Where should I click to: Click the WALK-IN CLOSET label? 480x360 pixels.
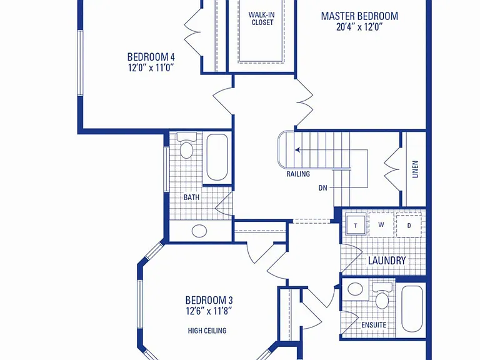[261, 18]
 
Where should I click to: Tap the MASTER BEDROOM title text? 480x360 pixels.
[359, 16]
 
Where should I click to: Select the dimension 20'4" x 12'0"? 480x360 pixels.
[359, 27]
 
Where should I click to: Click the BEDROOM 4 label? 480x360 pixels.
[151, 57]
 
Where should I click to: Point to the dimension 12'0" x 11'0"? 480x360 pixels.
[151, 67]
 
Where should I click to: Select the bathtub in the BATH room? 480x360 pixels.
[217, 157]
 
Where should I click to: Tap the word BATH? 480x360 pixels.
[191, 197]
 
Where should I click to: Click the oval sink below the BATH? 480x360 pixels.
[199, 231]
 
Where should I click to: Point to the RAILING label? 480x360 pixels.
[298, 174]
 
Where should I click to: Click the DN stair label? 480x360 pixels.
[323, 188]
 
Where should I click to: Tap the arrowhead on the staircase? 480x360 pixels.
[298, 150]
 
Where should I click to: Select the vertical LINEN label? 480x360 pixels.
[415, 169]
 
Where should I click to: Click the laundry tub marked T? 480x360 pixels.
[356, 225]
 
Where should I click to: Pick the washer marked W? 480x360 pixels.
[381, 225]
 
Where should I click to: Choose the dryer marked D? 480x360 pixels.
[409, 226]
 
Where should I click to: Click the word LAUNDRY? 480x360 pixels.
[387, 261]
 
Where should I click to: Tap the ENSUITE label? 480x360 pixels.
[374, 325]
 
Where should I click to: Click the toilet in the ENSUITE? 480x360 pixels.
[382, 296]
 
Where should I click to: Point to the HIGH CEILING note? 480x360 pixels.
[207, 331]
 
